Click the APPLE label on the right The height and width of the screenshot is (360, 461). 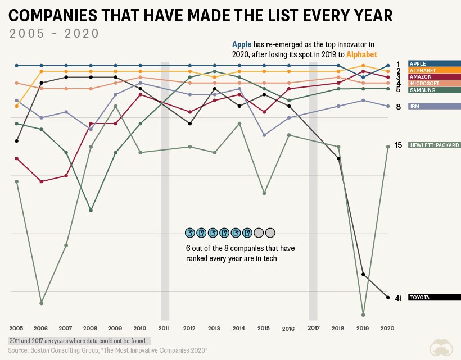(435, 63)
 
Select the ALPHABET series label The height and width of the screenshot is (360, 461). (435, 70)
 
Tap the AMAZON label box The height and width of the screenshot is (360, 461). (435, 76)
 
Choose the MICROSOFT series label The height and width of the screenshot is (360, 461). (435, 83)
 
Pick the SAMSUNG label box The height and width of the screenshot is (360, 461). (435, 90)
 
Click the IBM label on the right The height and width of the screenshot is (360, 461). (435, 106)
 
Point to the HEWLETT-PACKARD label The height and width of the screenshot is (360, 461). (435, 145)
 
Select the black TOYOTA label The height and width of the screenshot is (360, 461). (435, 298)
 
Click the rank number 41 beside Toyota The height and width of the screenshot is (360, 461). (399, 298)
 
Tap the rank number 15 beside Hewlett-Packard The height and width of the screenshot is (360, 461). (398, 145)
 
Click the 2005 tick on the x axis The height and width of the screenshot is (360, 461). (16, 329)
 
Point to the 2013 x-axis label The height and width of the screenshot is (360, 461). (214, 329)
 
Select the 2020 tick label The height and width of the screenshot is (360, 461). (387, 329)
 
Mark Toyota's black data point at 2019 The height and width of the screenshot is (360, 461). (363, 274)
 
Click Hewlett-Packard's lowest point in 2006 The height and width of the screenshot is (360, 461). (42, 303)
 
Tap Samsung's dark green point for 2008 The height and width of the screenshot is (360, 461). (91, 211)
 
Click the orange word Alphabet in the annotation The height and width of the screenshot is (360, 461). (361, 54)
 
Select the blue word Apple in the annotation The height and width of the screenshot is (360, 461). (242, 44)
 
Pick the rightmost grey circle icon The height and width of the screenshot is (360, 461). (270, 233)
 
